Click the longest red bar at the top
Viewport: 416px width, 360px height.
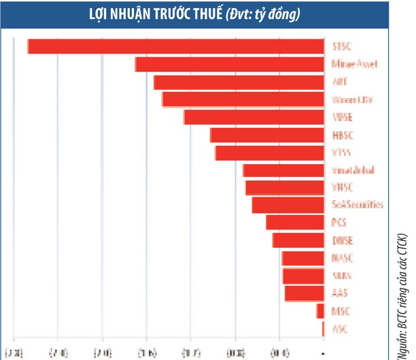(175, 46)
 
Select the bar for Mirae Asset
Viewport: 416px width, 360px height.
(229, 65)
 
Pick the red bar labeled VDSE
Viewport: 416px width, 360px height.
(254, 117)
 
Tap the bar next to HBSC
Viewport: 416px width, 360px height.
(266, 135)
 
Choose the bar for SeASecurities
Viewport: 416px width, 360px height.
(288, 205)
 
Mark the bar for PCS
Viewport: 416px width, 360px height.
(294, 223)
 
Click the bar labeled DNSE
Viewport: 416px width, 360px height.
(298, 240)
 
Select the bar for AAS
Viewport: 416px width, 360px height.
(304, 293)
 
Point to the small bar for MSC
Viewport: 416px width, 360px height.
(320, 311)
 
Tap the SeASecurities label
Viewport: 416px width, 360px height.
(357, 205)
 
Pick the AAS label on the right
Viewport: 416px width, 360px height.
(339, 293)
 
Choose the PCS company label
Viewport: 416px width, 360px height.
(339, 223)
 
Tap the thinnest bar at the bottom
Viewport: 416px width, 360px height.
(323, 329)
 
